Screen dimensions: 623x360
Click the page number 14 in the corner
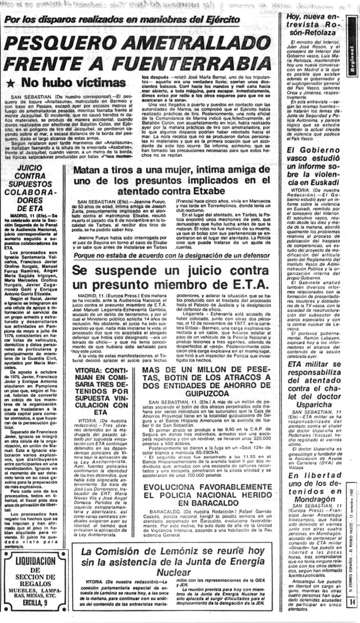(353, 616)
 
